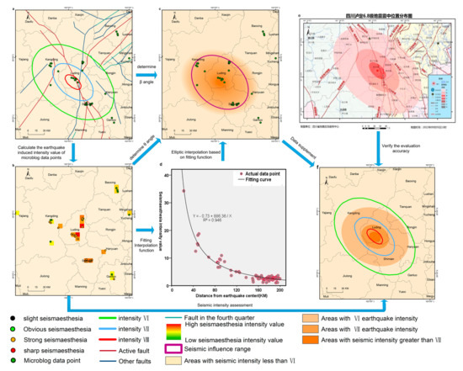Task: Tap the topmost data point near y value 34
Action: coord(184,191)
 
